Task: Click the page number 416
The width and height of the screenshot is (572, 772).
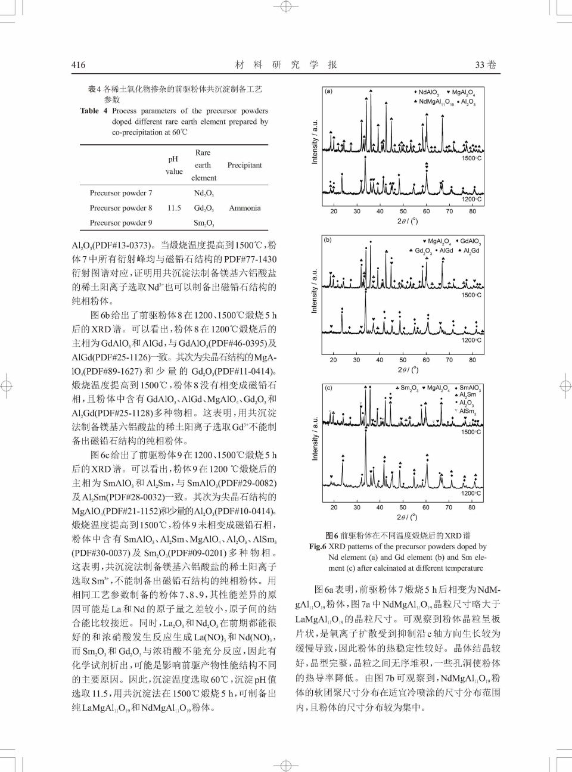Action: click(79, 65)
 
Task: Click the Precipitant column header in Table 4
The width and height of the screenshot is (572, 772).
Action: click(244, 165)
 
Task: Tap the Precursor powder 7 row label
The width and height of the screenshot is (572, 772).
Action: click(121, 193)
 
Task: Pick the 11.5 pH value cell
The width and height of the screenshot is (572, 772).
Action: click(174, 208)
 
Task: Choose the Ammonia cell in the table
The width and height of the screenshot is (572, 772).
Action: click(244, 208)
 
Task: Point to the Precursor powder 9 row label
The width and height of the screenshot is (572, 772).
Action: click(121, 223)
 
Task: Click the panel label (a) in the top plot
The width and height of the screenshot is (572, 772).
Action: click(328, 92)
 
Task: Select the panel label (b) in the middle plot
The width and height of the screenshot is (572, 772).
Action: click(328, 240)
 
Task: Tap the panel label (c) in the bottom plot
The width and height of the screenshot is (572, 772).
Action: click(328, 388)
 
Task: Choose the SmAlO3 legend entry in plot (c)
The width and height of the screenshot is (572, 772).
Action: click(470, 388)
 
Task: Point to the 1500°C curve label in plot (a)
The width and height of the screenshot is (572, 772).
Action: click(471, 158)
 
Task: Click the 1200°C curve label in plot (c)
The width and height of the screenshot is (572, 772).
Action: click(470, 493)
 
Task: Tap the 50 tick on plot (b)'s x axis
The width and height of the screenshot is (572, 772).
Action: click(403, 360)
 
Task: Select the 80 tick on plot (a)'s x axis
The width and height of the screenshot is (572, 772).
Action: click(472, 211)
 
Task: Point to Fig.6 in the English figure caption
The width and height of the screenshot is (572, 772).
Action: click(318, 546)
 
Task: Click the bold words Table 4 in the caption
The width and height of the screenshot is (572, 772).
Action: click(94, 111)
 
